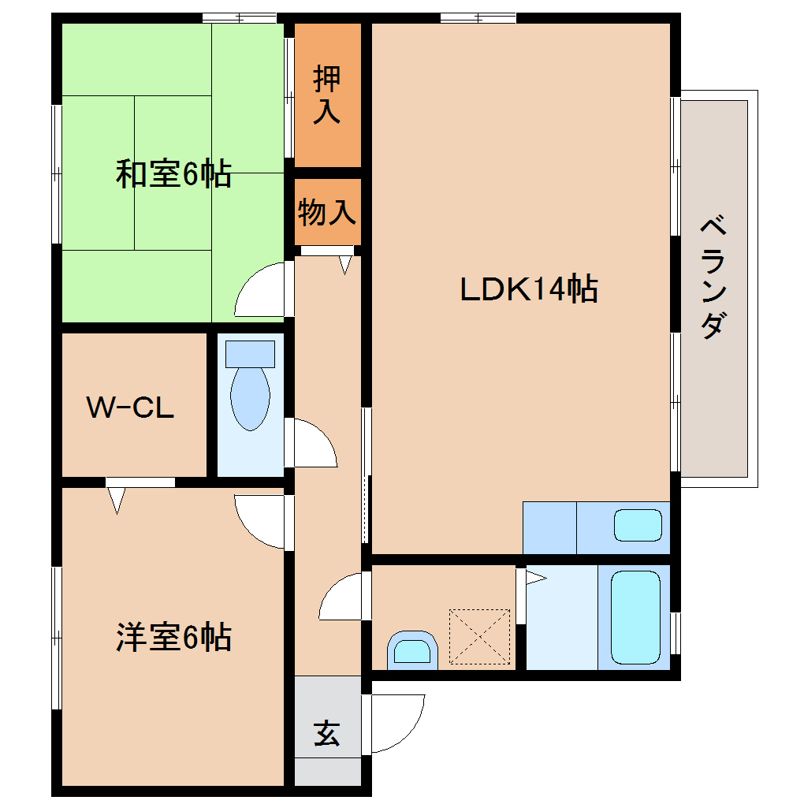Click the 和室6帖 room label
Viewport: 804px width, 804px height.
coord(173,173)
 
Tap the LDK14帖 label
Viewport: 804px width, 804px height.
coord(529,289)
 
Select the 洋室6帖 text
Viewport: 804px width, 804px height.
coord(173,636)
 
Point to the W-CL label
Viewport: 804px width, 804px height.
coord(130,408)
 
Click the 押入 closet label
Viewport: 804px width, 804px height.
coord(327,95)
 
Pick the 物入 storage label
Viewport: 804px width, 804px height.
coord(327,212)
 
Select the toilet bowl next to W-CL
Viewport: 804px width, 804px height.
coord(250,390)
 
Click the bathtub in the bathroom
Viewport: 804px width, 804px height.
coord(635,616)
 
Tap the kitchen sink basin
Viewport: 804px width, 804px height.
coord(638,525)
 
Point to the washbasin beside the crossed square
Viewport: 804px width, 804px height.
coord(412,650)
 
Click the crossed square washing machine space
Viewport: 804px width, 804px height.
coord(479,637)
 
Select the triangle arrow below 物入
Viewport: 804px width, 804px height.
coord(345,265)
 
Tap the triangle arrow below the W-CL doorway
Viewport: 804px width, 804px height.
coord(117,500)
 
